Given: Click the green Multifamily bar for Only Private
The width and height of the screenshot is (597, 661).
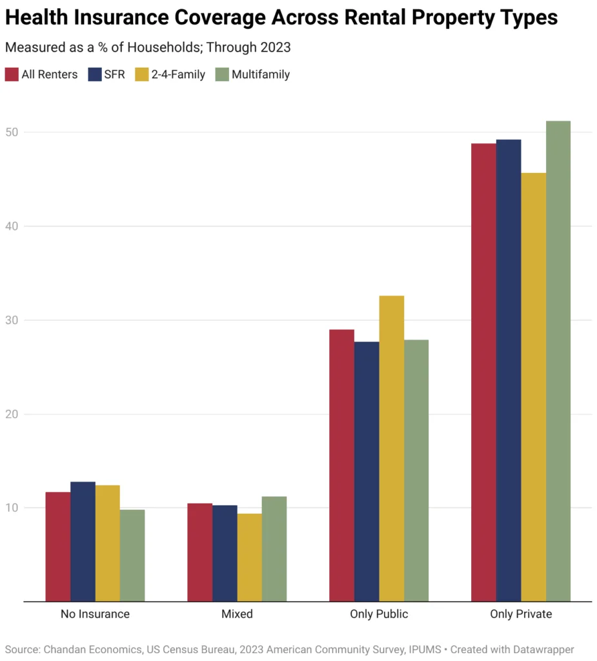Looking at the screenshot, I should pyautogui.click(x=558, y=361).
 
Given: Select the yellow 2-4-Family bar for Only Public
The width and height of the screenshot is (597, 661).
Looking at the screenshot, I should pyautogui.click(x=391, y=449).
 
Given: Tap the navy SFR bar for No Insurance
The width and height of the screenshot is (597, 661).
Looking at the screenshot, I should pyautogui.click(x=83, y=542).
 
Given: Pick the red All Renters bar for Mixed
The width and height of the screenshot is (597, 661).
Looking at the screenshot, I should pyautogui.click(x=199, y=552).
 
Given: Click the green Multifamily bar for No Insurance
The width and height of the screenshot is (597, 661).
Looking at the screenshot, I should pyautogui.click(x=132, y=555).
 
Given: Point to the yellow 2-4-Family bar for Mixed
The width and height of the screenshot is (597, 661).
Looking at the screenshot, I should pyautogui.click(x=249, y=557).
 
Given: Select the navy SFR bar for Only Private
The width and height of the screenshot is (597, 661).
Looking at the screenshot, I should pyautogui.click(x=508, y=371).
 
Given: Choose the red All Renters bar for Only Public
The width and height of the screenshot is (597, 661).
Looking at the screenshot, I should pyautogui.click(x=341, y=465).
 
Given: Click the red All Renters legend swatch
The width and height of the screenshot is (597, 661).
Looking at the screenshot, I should pyautogui.click(x=12, y=74).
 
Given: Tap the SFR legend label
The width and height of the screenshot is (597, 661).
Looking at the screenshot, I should pyautogui.click(x=114, y=74).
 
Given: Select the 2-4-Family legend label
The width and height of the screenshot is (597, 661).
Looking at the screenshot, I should pyautogui.click(x=179, y=74).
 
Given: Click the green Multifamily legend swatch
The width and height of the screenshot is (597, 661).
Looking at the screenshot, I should pyautogui.click(x=221, y=74).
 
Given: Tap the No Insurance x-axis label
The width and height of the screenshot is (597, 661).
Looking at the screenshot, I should pyautogui.click(x=95, y=614).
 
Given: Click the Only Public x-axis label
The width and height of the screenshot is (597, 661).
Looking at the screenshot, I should pyautogui.click(x=379, y=614).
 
